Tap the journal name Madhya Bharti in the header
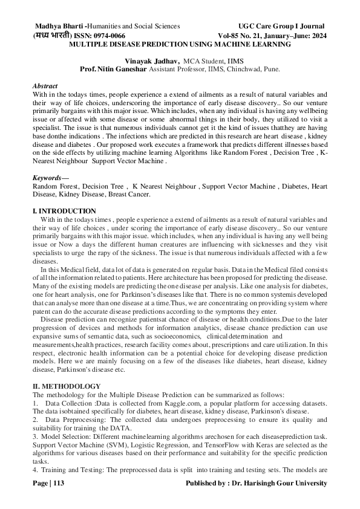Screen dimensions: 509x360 60,26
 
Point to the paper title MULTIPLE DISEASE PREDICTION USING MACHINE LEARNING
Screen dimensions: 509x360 180,45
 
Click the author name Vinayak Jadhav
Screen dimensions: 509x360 151,61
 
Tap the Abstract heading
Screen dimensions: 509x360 45,86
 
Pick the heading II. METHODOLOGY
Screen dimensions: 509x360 66,386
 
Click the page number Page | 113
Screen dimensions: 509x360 48,483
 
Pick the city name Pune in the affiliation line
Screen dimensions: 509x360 270,70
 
